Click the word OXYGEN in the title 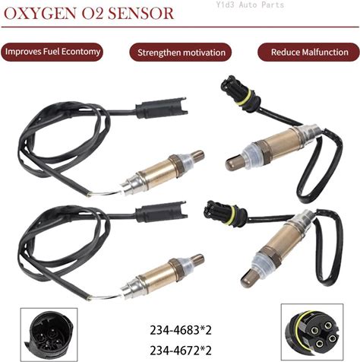click(x=40, y=14)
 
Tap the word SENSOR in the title click(x=141, y=14)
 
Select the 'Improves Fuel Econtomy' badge click(x=52, y=52)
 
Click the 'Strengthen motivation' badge click(x=181, y=52)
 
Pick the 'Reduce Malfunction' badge click(x=309, y=52)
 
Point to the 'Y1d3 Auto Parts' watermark click(x=250, y=5)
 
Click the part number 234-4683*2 click(x=181, y=330)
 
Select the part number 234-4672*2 click(x=181, y=351)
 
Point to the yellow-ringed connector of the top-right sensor click(x=239, y=94)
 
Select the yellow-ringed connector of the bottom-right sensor click(x=225, y=213)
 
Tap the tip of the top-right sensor click(x=231, y=164)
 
